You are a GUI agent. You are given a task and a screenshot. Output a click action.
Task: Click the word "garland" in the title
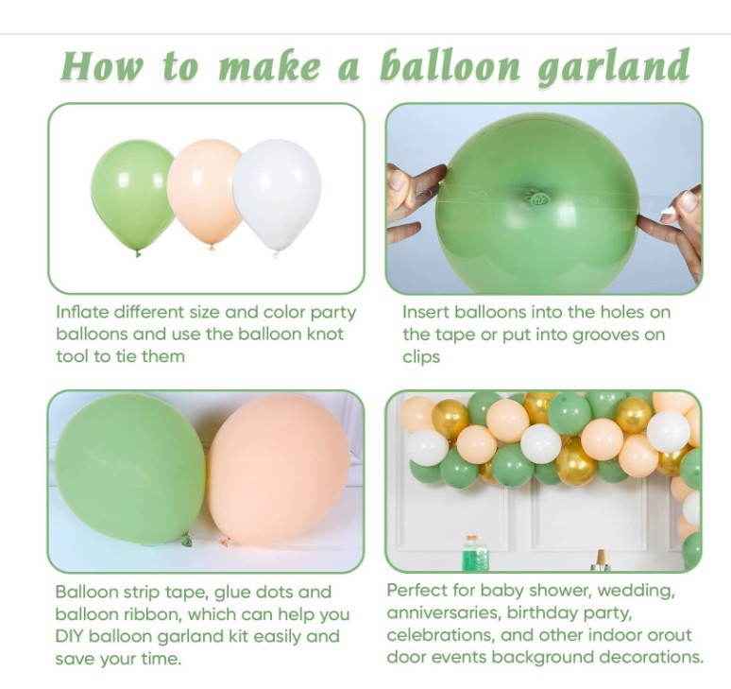(614, 68)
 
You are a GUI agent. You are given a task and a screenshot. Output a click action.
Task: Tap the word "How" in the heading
(101, 66)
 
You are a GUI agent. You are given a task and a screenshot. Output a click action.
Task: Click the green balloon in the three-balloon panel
(133, 195)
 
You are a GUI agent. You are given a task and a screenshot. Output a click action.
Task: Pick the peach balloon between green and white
(205, 192)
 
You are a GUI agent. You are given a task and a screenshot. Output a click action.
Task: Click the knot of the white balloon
(276, 254)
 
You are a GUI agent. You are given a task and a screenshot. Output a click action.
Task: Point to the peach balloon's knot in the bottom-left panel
(226, 542)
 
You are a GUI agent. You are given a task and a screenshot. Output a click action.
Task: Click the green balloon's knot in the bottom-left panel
(187, 540)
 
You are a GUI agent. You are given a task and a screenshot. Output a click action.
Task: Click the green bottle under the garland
(475, 553)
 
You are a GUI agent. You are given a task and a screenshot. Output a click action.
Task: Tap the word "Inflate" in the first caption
(82, 312)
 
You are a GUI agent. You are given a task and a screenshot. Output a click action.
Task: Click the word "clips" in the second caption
(421, 357)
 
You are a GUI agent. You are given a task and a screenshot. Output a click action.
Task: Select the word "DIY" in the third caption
(70, 636)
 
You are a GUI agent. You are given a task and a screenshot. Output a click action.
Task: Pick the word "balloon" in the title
(450, 66)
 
